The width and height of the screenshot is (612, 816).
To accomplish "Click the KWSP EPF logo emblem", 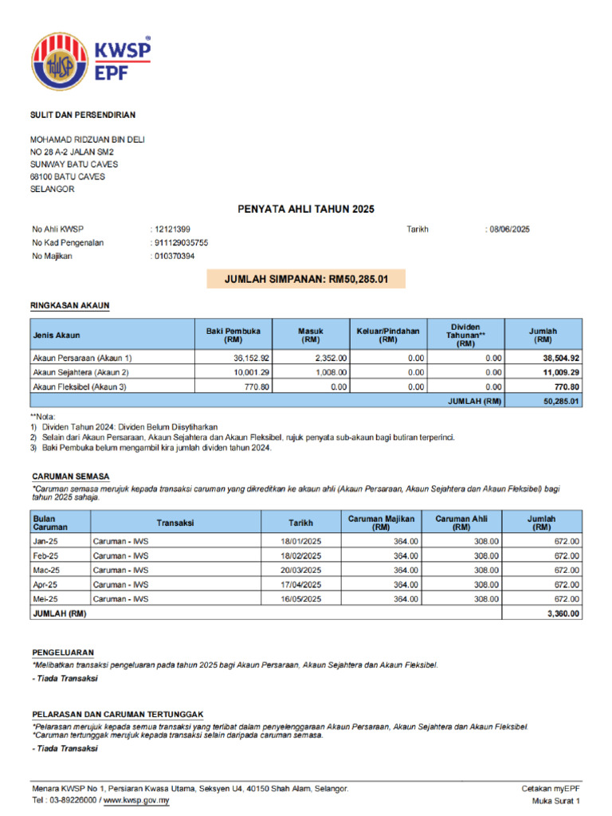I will (60, 61).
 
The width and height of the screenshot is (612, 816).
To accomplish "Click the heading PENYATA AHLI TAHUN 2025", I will (305, 209).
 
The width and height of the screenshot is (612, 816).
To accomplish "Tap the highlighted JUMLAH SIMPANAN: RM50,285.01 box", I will (305, 279).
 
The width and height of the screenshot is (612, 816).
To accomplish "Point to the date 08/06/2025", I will (509, 229).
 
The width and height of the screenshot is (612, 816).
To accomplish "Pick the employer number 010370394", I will (174, 257).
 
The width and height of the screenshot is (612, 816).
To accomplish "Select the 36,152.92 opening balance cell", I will (246, 359).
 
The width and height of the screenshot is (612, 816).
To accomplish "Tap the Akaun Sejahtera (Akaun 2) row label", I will (80, 373).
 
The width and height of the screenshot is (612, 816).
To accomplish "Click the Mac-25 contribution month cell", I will (45, 571).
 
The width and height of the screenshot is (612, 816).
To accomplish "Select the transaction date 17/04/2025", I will (300, 585).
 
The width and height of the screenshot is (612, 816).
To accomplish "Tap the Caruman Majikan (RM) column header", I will (382, 523).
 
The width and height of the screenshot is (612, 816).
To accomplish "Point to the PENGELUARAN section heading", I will (63, 652).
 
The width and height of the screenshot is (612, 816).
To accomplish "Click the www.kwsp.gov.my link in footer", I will (136, 800).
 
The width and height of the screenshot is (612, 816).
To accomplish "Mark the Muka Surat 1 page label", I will (555, 800).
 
